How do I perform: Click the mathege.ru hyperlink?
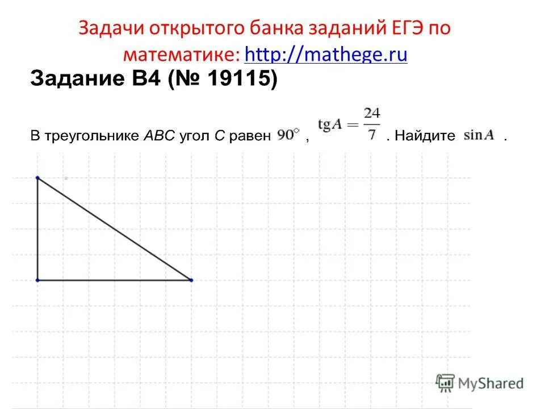[x=326, y=55]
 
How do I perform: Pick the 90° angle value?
[x=288, y=136]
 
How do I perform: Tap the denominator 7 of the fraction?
[x=372, y=136]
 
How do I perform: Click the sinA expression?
[x=479, y=136]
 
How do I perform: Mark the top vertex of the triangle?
[x=37, y=178]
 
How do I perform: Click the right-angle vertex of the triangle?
[x=37, y=280]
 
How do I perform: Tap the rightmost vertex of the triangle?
[x=191, y=280]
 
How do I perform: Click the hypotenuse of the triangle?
[x=114, y=228]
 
